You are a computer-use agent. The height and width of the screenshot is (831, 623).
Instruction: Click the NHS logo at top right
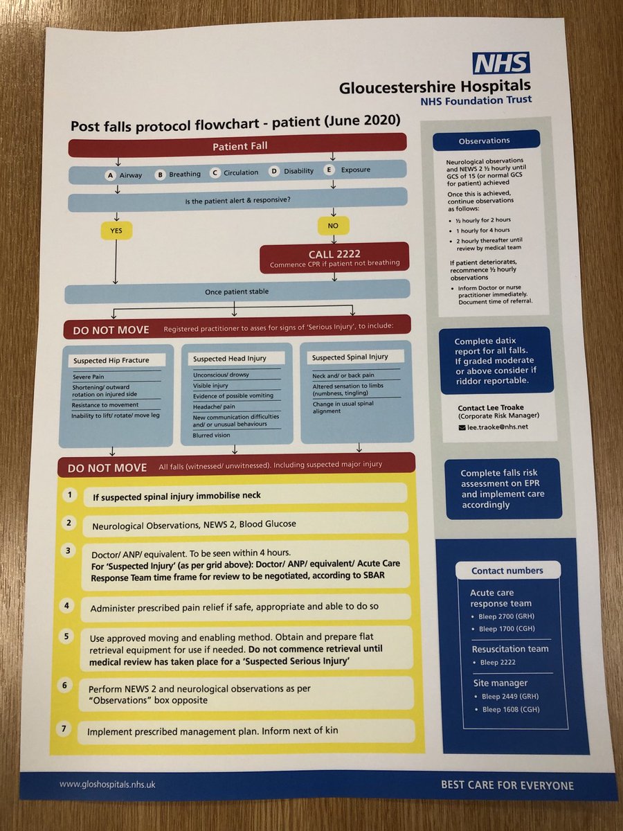click(501, 62)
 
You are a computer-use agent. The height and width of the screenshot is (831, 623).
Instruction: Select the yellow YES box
click(116, 231)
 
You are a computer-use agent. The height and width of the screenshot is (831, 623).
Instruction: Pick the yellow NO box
click(334, 224)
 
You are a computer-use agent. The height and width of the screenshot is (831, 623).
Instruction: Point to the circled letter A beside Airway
click(109, 175)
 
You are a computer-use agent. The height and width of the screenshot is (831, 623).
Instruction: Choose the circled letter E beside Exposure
click(329, 170)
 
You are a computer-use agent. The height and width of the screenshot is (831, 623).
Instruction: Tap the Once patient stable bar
click(237, 292)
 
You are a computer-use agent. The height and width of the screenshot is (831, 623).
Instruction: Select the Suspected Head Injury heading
click(229, 358)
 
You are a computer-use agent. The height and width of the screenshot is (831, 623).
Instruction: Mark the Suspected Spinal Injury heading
click(350, 357)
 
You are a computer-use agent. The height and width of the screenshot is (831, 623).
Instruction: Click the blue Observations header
click(485, 141)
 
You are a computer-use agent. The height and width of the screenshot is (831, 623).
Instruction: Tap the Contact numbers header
click(507, 571)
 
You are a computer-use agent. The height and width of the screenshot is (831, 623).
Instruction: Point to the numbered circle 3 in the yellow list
click(67, 551)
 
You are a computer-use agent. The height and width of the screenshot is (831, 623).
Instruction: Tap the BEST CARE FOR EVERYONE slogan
click(507, 785)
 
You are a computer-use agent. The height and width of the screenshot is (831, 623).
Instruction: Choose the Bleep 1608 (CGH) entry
click(511, 709)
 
